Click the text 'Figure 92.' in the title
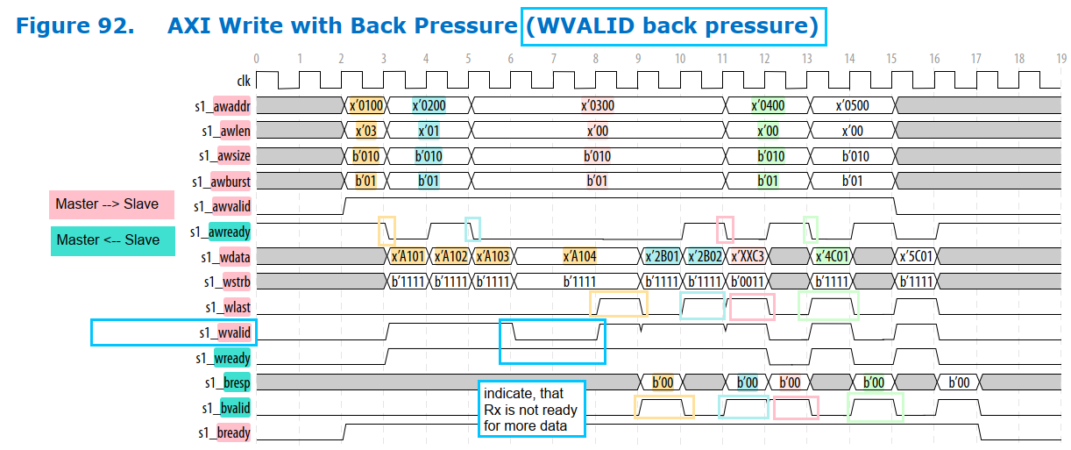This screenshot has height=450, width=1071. [x=75, y=25]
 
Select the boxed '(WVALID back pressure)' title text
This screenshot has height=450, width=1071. [x=671, y=25]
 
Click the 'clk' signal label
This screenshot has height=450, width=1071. [x=244, y=81]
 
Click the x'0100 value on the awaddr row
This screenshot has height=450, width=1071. [x=365, y=106]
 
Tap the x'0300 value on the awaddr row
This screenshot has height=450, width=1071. [x=598, y=106]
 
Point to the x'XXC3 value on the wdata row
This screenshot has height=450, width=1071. [x=748, y=257]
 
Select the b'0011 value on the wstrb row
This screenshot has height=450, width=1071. [x=748, y=282]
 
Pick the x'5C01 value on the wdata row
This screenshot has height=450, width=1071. [x=916, y=257]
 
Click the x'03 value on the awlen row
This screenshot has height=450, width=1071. [x=365, y=132]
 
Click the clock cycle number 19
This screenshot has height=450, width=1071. [x=1060, y=59]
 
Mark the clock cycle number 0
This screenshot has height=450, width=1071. [x=256, y=59]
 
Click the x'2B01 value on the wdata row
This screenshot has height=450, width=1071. [x=662, y=257]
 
